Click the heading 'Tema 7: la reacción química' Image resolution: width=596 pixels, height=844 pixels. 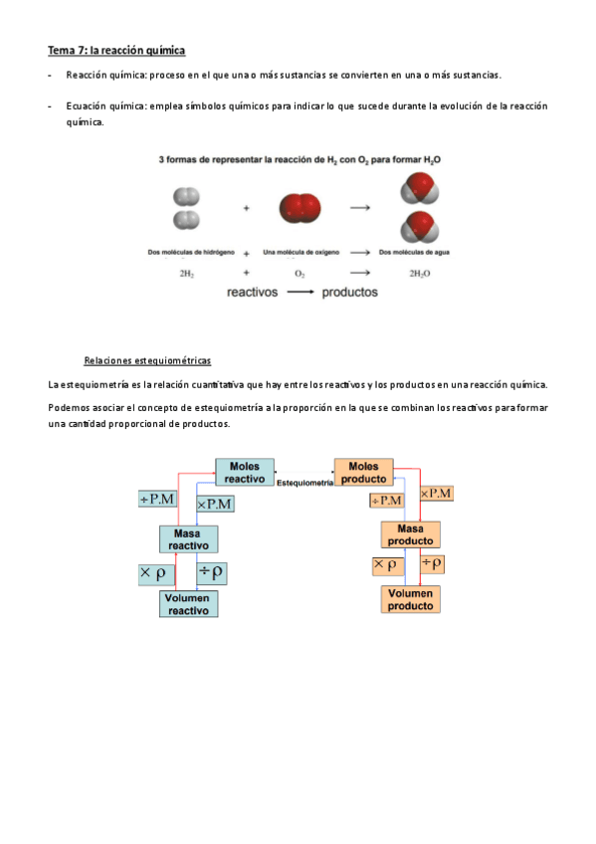pyautogui.click(x=116, y=50)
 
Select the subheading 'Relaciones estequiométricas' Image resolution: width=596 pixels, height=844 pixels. pyautogui.click(x=147, y=360)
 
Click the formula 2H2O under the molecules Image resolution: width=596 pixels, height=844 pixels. pyautogui.click(x=419, y=273)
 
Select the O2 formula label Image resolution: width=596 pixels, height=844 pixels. pyautogui.click(x=299, y=273)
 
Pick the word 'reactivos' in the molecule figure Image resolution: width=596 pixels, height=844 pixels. pyautogui.click(x=253, y=293)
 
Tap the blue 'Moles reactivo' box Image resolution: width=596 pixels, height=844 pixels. pyautogui.click(x=244, y=472)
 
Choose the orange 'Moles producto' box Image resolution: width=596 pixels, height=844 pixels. pyautogui.click(x=363, y=472)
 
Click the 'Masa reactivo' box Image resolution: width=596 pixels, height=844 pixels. pyautogui.click(x=188, y=539)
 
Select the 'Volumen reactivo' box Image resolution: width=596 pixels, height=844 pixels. pyautogui.click(x=188, y=604)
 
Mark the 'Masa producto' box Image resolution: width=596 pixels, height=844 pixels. pyautogui.click(x=410, y=533)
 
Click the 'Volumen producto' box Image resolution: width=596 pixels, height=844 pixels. pyautogui.click(x=410, y=599)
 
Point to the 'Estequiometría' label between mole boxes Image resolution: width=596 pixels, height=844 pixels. pyautogui.click(x=304, y=482)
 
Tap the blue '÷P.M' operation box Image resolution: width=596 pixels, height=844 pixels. pyautogui.click(x=157, y=500)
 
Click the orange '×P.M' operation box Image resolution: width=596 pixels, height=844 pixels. pyautogui.click(x=436, y=493)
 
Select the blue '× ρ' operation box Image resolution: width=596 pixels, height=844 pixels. pyautogui.click(x=157, y=573)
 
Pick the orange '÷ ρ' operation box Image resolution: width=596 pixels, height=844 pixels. pyautogui.click(x=433, y=563)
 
